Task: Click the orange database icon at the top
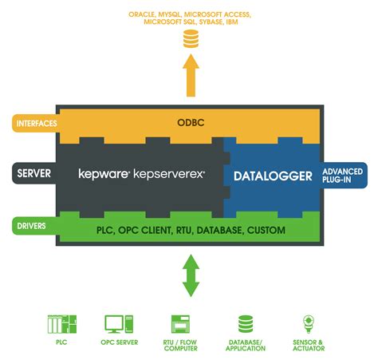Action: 190,39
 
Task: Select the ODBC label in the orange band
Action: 190,123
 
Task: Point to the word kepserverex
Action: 170,173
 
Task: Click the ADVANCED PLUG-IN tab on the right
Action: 343,175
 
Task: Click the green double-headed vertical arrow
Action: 190,276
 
